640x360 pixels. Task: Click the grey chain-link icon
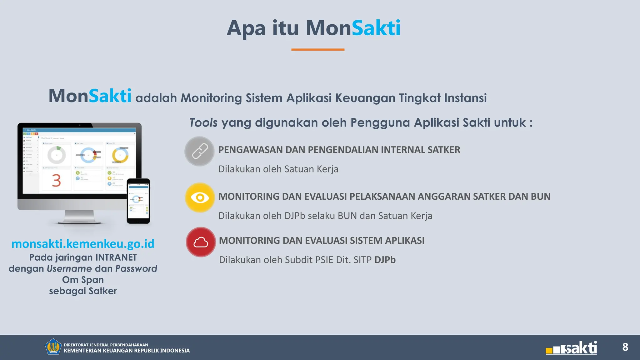[199, 151]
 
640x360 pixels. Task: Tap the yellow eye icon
[200, 197]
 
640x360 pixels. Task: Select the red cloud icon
[201, 242]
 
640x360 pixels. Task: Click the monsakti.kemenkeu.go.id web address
[83, 244]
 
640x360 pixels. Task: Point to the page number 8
[625, 347]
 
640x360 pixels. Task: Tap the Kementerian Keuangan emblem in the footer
[53, 347]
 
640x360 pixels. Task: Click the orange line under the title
[318, 49]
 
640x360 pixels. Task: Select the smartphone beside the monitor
[138, 201]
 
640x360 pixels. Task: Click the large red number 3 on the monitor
[56, 181]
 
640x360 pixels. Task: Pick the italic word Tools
[203, 122]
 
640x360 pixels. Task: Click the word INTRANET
[116, 257]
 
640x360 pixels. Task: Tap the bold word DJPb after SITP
[385, 260]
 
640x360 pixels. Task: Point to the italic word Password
[136, 269]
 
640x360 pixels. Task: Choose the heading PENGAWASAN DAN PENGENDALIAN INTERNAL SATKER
[339, 150]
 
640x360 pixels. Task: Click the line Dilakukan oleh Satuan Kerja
[278, 169]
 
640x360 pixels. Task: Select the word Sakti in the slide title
[376, 28]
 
